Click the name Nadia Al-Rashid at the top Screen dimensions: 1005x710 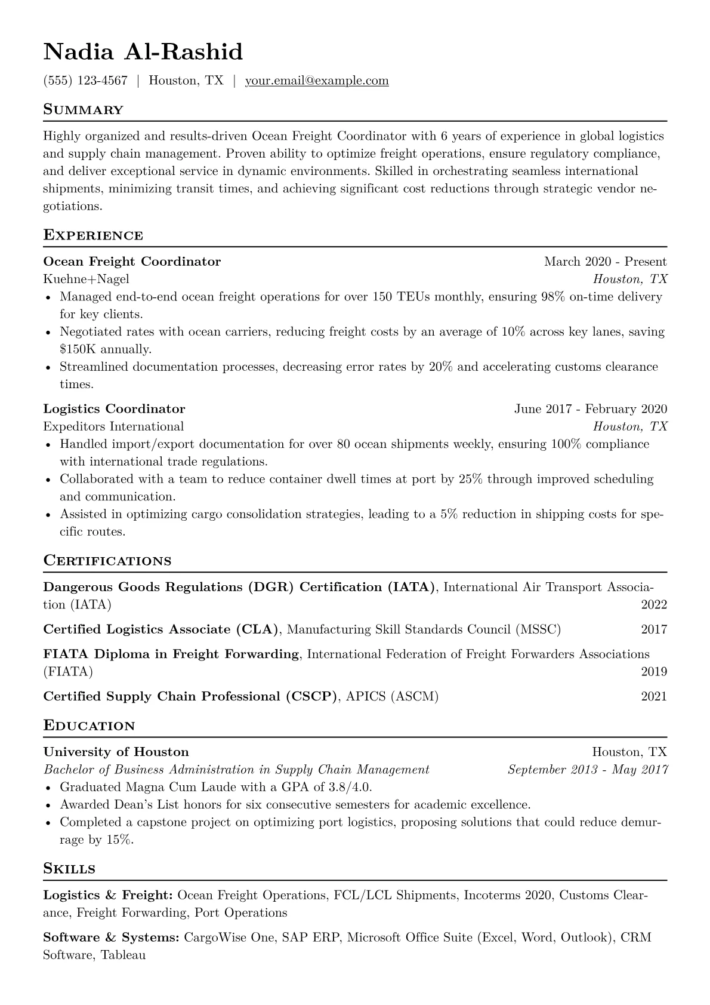[x=143, y=53]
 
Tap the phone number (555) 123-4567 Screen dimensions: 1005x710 [x=85, y=81]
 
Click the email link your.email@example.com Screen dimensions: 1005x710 [x=317, y=81]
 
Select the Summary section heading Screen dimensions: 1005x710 [x=84, y=110]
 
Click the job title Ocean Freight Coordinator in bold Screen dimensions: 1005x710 [x=132, y=262]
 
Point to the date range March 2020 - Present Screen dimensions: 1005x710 [x=605, y=262]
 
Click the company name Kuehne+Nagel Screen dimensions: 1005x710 [x=86, y=279]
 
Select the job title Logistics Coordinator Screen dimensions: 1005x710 [x=114, y=409]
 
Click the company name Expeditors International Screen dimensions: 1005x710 [x=113, y=426]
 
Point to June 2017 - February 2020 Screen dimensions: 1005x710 [x=590, y=409]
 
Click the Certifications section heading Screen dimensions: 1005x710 [x=107, y=561]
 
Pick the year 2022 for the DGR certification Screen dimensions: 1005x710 [x=654, y=605]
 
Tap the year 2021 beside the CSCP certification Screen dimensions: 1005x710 [x=654, y=696]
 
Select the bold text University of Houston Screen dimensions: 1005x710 [x=116, y=752]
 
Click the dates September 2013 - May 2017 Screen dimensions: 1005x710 [x=587, y=770]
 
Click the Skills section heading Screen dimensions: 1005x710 [x=69, y=869]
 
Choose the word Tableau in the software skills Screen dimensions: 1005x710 [x=124, y=955]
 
